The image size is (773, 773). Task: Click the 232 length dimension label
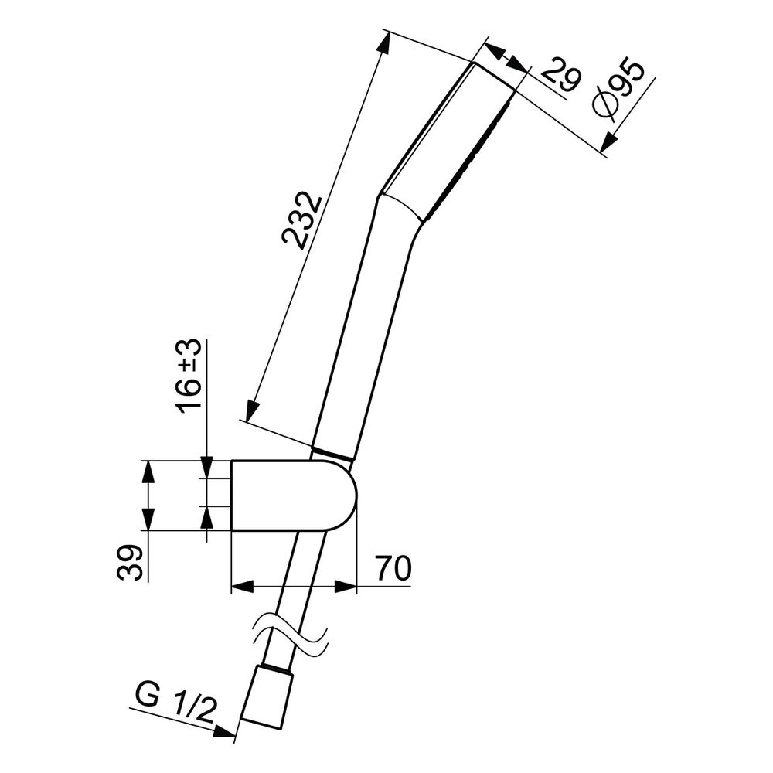pos(301,220)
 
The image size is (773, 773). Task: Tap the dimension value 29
pos(562,75)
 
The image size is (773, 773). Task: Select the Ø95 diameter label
pos(619,90)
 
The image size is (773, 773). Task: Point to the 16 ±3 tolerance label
pos(190,376)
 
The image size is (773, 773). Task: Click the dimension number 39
pos(131,563)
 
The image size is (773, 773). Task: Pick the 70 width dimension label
pos(393,569)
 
